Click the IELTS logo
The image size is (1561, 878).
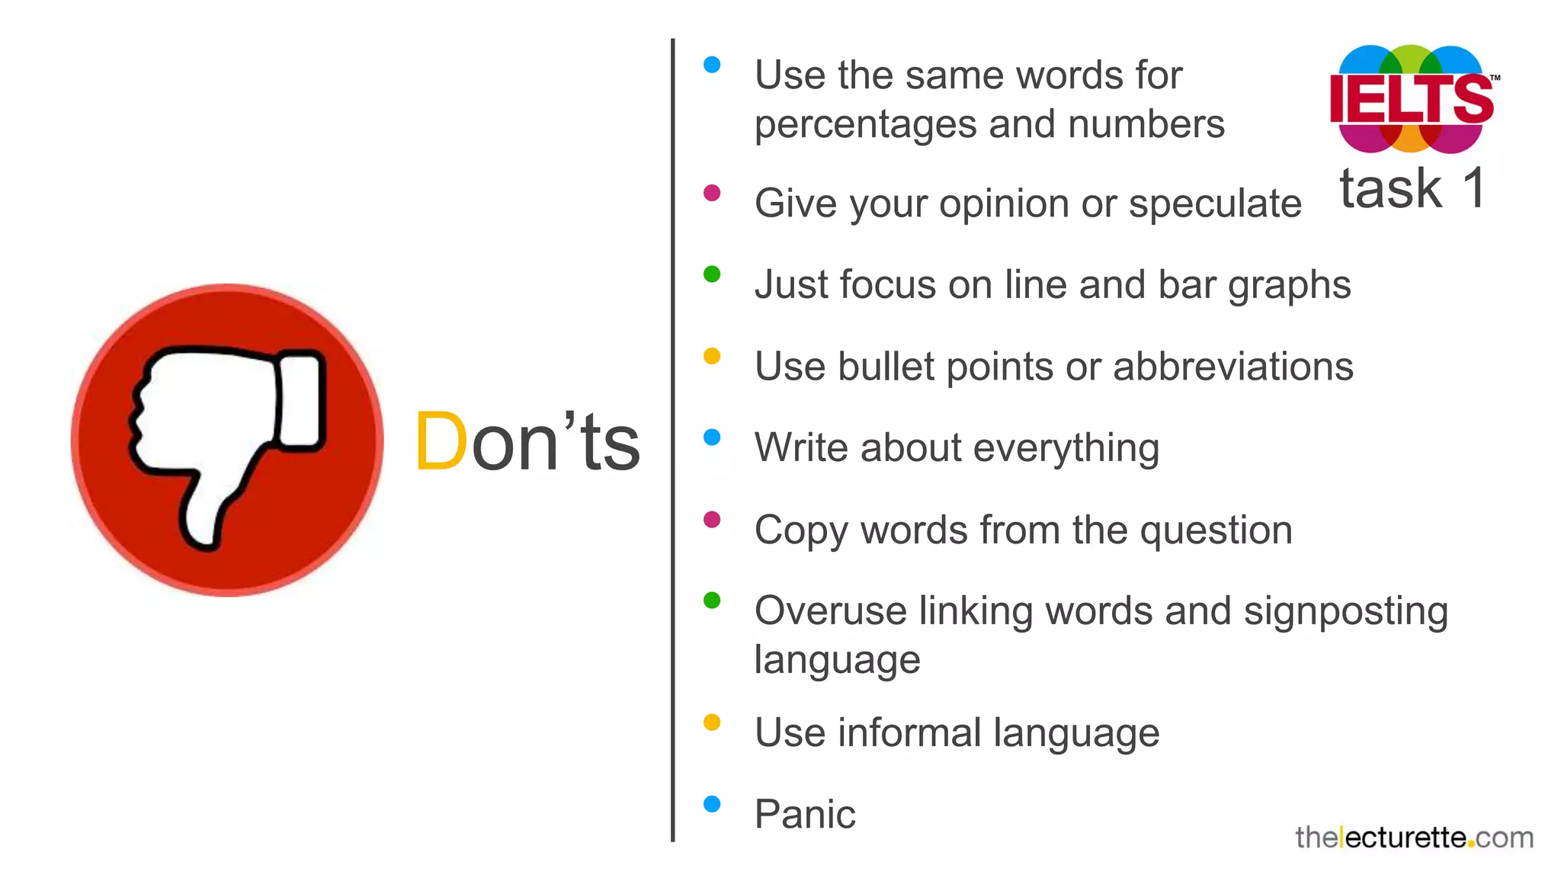1412,99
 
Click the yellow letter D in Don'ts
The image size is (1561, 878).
441,442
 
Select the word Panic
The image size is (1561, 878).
805,814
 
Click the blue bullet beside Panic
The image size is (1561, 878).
712,804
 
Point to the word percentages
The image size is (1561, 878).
865,124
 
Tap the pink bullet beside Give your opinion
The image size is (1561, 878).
712,193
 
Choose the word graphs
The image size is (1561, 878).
1289,286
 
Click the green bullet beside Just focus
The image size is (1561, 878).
712,274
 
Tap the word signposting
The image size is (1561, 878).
1345,612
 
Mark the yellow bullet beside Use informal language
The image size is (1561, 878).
712,723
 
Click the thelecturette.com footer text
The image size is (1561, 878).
1414,838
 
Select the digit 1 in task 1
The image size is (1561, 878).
1474,187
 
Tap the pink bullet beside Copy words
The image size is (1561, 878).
712,520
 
